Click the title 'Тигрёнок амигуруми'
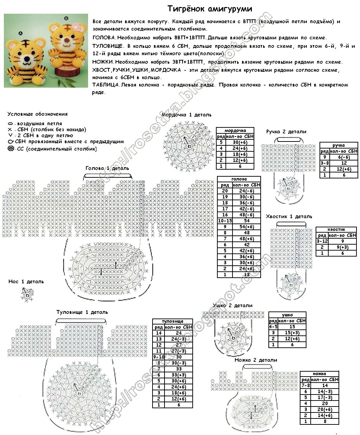(x=210, y=8)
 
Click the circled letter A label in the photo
(x=20, y=33)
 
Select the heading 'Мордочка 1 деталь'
(x=186, y=115)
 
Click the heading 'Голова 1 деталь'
(x=107, y=168)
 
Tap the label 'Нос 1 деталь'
(x=26, y=282)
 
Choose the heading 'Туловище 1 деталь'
(x=82, y=312)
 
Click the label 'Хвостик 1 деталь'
(x=289, y=216)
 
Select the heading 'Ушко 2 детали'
(x=232, y=305)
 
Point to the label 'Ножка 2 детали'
(x=256, y=360)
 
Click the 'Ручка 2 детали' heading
(x=286, y=132)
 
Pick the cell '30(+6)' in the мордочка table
(x=240, y=142)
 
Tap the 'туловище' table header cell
(x=173, y=321)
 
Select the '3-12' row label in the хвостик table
(x=322, y=241)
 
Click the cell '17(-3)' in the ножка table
(x=324, y=397)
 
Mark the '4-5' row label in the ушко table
(x=273, y=327)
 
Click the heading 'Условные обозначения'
(x=37, y=114)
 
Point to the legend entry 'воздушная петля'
(x=39, y=124)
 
